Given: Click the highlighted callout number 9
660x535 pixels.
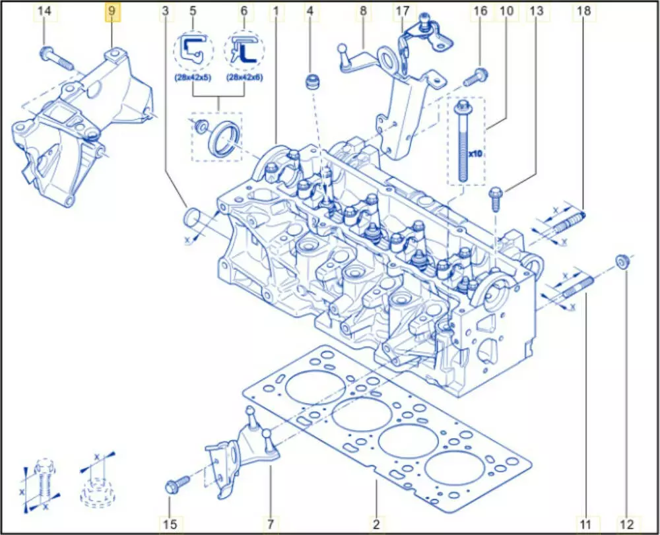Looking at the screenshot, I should pos(112,11).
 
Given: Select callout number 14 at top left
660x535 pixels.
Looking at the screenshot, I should pos(44,11).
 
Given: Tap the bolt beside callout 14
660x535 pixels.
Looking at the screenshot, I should pos(57,58).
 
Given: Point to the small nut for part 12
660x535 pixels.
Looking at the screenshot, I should pos(622,261).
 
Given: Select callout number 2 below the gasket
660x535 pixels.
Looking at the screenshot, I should pos(376,525).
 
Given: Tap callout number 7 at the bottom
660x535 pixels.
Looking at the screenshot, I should pos(269,525).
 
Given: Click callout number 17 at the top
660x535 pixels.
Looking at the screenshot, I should pos(402,11).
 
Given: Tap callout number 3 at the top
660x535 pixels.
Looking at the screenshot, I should pos(165,11).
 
